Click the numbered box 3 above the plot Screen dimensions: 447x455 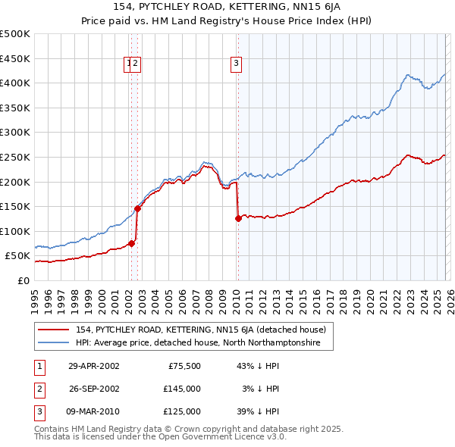[237, 64]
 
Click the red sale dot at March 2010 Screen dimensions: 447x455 [238, 218]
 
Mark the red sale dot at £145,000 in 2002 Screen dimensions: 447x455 [138, 208]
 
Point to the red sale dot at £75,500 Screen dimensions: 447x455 [132, 243]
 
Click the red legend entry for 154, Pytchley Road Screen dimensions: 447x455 [200, 330]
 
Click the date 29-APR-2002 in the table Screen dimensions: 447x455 [93, 366]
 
